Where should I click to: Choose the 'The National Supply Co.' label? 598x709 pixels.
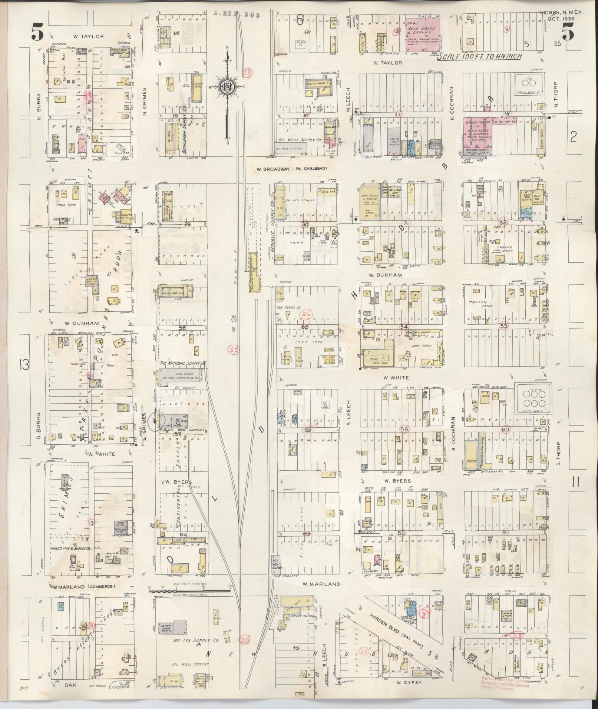182,364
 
